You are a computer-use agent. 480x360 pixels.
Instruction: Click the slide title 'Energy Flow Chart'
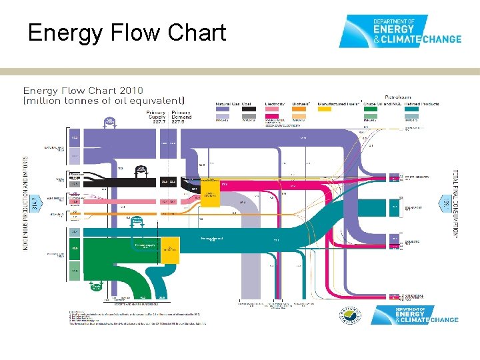pos(127,33)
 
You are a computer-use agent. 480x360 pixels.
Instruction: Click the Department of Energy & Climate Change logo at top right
pos(399,31)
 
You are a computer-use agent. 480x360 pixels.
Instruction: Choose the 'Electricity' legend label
pos(275,104)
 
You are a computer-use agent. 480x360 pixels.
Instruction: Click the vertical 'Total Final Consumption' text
pos(455,203)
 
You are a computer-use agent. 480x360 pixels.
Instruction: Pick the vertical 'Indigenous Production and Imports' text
pos(26,203)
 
